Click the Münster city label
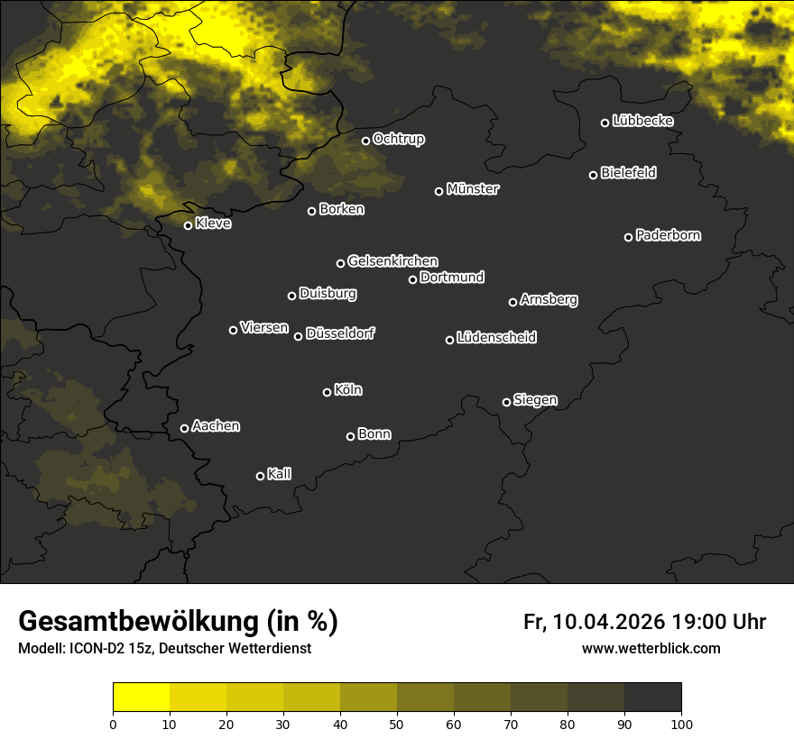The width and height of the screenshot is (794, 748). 473,189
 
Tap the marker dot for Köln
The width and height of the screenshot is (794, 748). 327,392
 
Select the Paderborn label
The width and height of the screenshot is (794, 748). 669,235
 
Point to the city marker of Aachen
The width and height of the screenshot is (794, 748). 184,428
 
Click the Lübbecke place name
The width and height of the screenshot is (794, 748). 642,121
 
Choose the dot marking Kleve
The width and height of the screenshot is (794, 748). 188,225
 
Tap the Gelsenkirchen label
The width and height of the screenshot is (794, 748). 392,261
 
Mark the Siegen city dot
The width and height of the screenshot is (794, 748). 506,402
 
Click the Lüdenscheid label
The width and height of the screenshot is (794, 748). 496,338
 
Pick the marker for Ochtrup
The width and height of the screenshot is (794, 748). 365,141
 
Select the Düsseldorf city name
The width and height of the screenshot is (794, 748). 340,333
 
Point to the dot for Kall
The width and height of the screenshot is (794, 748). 260,476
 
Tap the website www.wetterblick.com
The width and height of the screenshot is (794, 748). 651,648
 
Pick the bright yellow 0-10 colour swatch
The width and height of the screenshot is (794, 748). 141,697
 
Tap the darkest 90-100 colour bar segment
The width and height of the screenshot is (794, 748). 652,697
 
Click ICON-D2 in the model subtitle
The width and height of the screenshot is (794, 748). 93,649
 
